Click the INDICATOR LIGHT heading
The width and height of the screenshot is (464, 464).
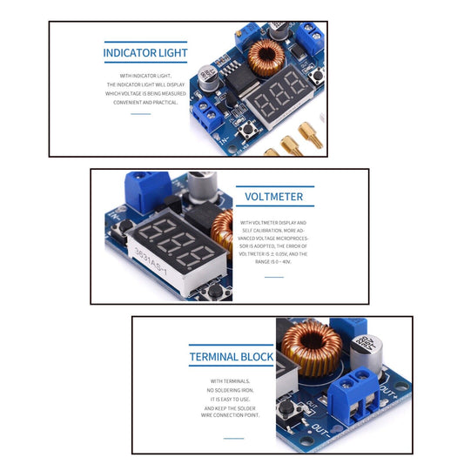click(145, 53)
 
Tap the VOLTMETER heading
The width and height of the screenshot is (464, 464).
click(274, 197)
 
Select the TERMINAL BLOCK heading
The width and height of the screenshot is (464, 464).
click(231, 357)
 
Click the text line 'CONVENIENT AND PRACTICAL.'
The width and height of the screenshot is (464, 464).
click(145, 103)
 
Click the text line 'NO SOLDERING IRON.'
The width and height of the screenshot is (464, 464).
click(231, 390)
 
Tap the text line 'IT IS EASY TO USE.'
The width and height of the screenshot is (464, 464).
click(231, 399)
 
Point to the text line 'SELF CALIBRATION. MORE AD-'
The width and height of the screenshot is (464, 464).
click(274, 230)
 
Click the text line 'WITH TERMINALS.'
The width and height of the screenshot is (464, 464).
click(231, 381)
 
